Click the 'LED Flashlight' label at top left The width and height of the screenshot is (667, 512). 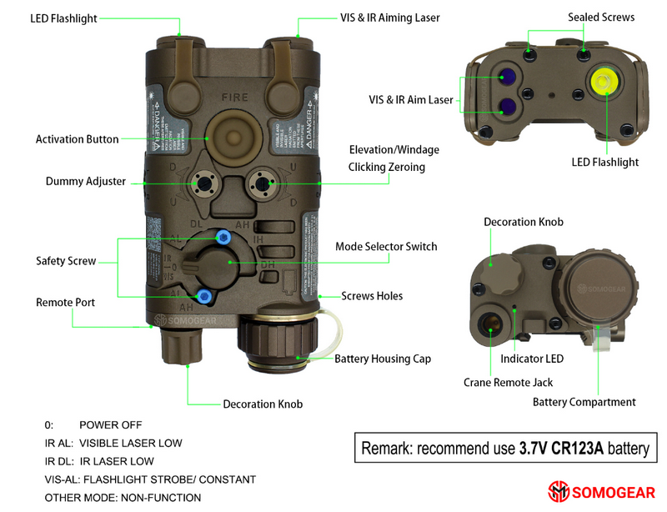64,18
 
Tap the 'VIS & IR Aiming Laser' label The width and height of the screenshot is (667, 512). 389,18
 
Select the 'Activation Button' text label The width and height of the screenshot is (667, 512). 77,139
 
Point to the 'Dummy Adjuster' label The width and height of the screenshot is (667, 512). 86,181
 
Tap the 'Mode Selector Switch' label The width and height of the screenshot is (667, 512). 386,247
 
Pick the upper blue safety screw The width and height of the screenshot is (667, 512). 223,237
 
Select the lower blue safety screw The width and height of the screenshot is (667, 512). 203,294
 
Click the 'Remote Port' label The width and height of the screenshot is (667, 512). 65,302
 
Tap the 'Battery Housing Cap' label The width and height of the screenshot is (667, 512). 383,359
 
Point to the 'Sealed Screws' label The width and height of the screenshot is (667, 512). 601,18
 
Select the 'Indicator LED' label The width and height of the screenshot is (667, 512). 532,359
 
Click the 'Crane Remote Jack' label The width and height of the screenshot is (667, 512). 508,382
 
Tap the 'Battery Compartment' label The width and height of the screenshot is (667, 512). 584,402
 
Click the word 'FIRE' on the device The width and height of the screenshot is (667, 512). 233,98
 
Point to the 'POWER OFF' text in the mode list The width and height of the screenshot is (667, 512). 111,425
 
